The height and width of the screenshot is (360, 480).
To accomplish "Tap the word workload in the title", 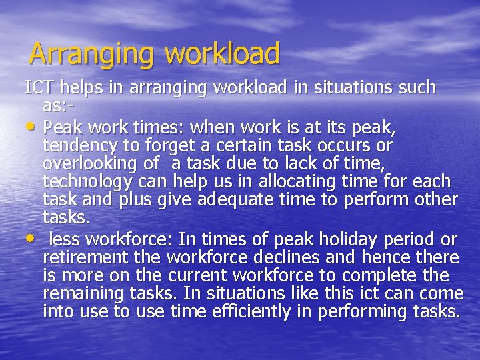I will (x=223, y=53).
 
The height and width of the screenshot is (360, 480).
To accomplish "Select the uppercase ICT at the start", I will (x=39, y=87).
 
